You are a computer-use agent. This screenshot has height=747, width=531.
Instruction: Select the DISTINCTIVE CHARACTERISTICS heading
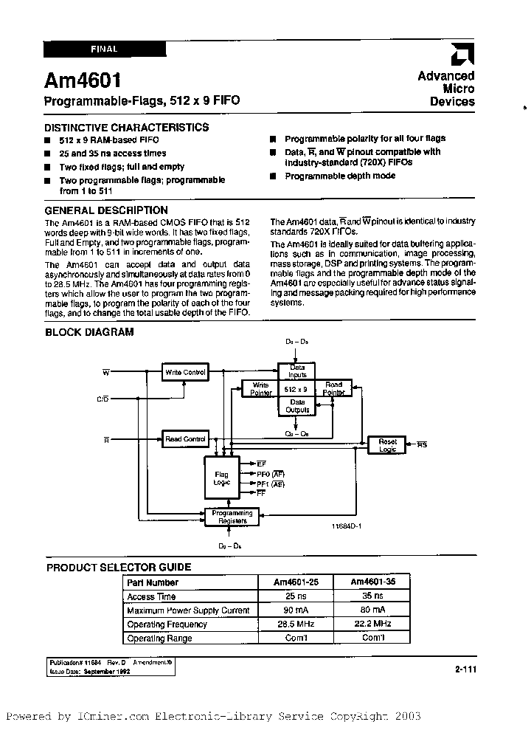(127, 127)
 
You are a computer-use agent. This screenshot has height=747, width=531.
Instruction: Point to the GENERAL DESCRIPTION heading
(106, 210)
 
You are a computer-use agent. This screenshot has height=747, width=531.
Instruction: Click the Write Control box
(184, 373)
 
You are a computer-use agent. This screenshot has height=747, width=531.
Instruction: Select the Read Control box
(184, 439)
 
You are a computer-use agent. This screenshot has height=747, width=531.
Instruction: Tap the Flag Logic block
(222, 478)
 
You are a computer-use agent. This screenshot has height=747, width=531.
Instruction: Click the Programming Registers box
(232, 517)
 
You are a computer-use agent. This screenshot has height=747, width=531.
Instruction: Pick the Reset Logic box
(387, 445)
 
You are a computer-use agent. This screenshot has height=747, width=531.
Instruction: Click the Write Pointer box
(260, 388)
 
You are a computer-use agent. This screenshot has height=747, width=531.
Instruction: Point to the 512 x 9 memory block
(296, 388)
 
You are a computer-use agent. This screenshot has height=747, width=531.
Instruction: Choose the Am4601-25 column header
(295, 582)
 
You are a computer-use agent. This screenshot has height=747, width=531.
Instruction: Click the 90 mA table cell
(295, 610)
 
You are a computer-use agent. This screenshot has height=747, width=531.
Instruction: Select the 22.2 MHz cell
(369, 624)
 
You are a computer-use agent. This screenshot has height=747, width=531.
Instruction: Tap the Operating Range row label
(159, 638)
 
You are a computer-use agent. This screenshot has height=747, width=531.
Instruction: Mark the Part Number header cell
(153, 582)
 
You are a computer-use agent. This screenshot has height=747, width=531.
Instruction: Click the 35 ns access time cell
(369, 596)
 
